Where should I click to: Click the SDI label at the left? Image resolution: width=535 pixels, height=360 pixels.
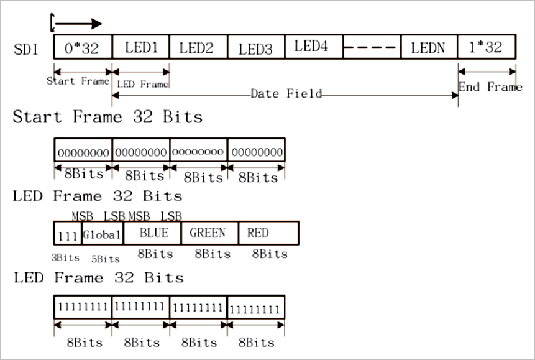coord(25,48)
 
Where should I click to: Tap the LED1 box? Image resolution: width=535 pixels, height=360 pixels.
coord(140,47)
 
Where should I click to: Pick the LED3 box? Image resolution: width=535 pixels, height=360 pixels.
coord(255,47)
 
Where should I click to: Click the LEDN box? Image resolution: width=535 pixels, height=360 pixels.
coord(428,47)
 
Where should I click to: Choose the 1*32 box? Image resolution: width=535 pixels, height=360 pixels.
coord(487,47)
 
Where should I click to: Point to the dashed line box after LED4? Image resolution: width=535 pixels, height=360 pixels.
coord(371,47)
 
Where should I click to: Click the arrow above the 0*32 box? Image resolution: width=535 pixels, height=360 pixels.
coord(78,24)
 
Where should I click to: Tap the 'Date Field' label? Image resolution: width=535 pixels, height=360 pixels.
coord(286,94)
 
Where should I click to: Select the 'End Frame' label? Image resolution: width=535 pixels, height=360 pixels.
coord(490,87)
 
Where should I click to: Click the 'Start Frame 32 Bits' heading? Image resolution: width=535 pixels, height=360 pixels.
coord(107,117)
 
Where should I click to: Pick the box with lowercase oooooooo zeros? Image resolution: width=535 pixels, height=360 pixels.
coord(198,151)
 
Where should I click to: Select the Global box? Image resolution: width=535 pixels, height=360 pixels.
coord(103,234)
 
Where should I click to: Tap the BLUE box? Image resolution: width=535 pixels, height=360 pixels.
coord(152,233)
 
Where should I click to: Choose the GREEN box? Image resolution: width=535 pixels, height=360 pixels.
coord(209,233)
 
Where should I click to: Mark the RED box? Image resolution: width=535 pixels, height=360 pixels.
coord(268,233)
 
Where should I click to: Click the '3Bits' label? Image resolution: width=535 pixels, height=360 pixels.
coord(66,257)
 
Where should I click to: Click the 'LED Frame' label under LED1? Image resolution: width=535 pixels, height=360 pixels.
coord(142,85)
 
